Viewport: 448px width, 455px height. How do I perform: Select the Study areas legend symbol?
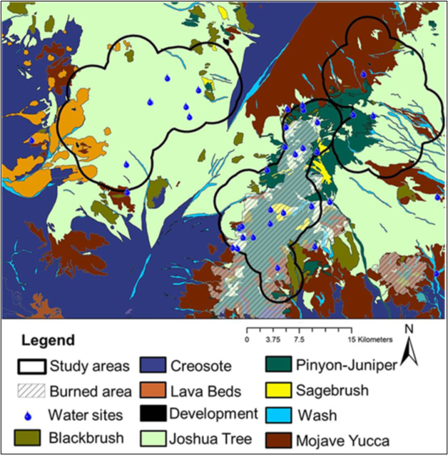[x=31, y=367]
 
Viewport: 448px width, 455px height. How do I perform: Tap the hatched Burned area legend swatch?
[x=31, y=390]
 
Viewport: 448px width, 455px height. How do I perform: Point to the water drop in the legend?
[x=31, y=413]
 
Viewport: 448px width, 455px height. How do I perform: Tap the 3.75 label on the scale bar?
[x=273, y=339]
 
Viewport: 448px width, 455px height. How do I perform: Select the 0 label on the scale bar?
[x=247, y=339]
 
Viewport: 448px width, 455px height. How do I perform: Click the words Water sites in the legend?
[x=84, y=413]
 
